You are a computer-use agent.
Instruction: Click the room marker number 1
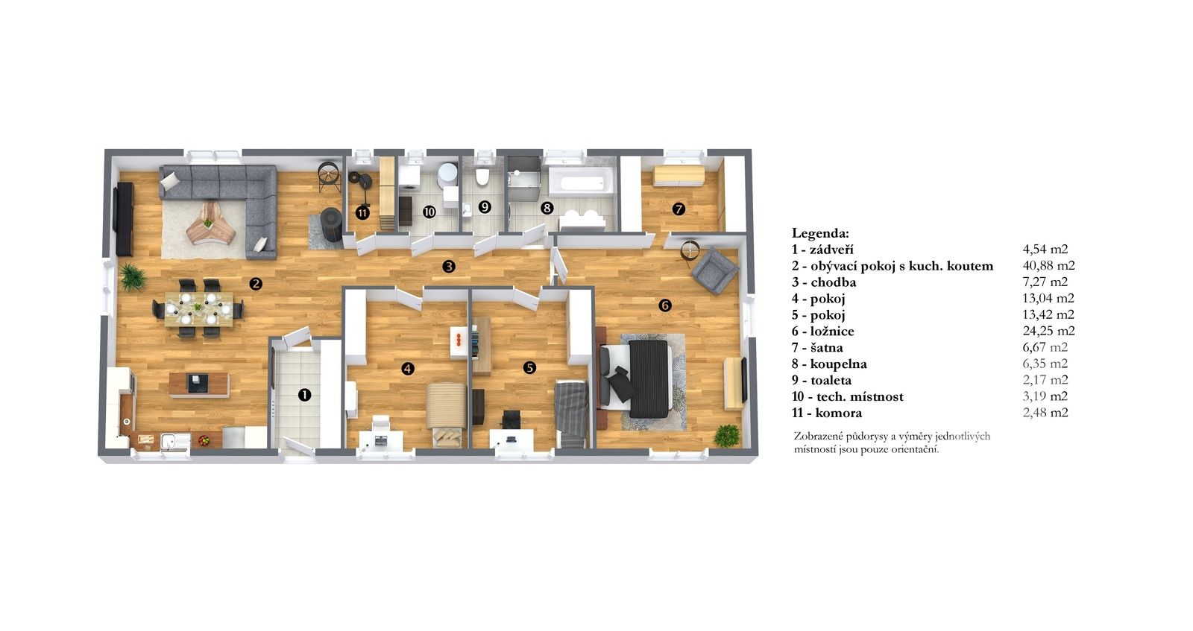tap(304, 395)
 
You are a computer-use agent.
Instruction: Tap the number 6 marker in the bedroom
tap(664, 305)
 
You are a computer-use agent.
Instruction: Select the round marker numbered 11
tap(362, 213)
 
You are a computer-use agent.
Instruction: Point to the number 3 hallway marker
tap(449, 266)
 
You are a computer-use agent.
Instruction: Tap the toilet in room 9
tap(482, 176)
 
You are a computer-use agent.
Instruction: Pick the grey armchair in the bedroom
tap(715, 270)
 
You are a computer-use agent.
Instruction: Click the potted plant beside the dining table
tap(132, 277)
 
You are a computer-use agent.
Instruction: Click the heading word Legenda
tap(820, 234)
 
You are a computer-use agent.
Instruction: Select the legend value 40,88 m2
tap(1048, 265)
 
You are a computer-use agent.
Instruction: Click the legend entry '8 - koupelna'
tap(829, 364)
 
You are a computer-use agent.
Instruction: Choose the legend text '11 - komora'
tap(827, 413)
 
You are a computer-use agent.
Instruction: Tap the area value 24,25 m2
tap(1048, 331)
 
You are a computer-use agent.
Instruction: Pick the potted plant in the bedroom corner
tap(727, 436)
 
